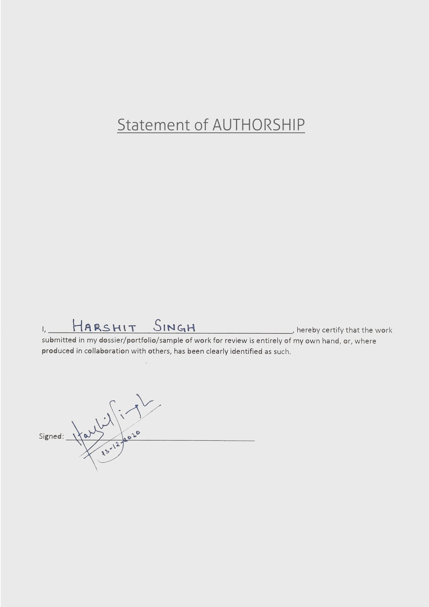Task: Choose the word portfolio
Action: (x=142, y=341)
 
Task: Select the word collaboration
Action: (x=107, y=351)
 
